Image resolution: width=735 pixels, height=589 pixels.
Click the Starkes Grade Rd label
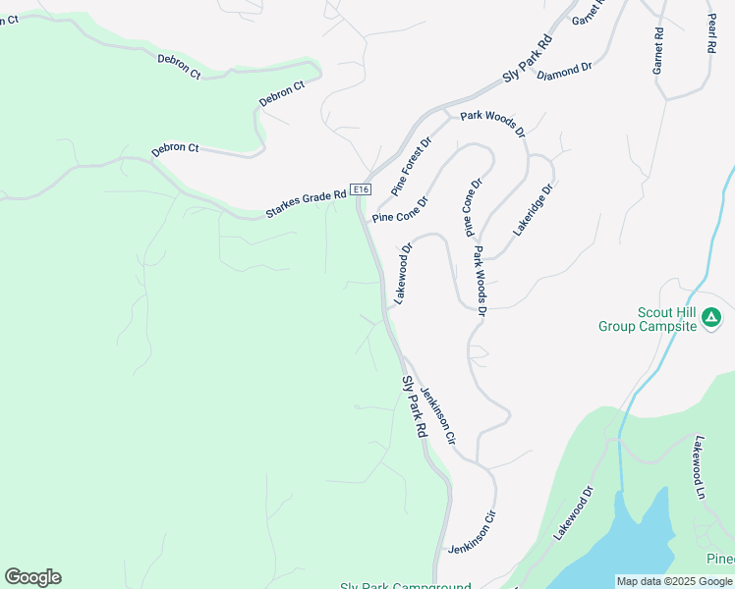(306, 203)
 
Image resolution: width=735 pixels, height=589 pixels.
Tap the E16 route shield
(362, 189)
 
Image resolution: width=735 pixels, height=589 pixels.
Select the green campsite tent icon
(711, 317)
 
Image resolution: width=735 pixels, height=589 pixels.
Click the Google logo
(32, 577)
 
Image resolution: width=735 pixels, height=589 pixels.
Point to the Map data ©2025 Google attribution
(675, 581)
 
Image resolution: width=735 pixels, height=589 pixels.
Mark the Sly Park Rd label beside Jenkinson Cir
(415, 406)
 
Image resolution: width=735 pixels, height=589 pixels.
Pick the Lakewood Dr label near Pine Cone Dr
(404, 273)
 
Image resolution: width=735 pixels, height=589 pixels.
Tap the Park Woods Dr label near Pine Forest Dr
(493, 124)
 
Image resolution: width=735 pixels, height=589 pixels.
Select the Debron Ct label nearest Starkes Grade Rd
(176, 148)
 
